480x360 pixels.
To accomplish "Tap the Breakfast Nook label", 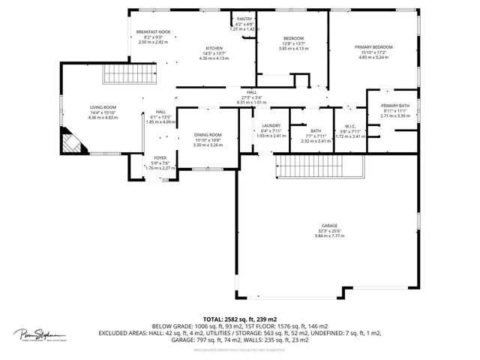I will (x=154, y=32).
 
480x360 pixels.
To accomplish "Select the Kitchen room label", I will (x=214, y=48).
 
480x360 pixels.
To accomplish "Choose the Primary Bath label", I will (x=394, y=106).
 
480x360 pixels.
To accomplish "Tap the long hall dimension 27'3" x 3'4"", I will (x=250, y=97).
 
